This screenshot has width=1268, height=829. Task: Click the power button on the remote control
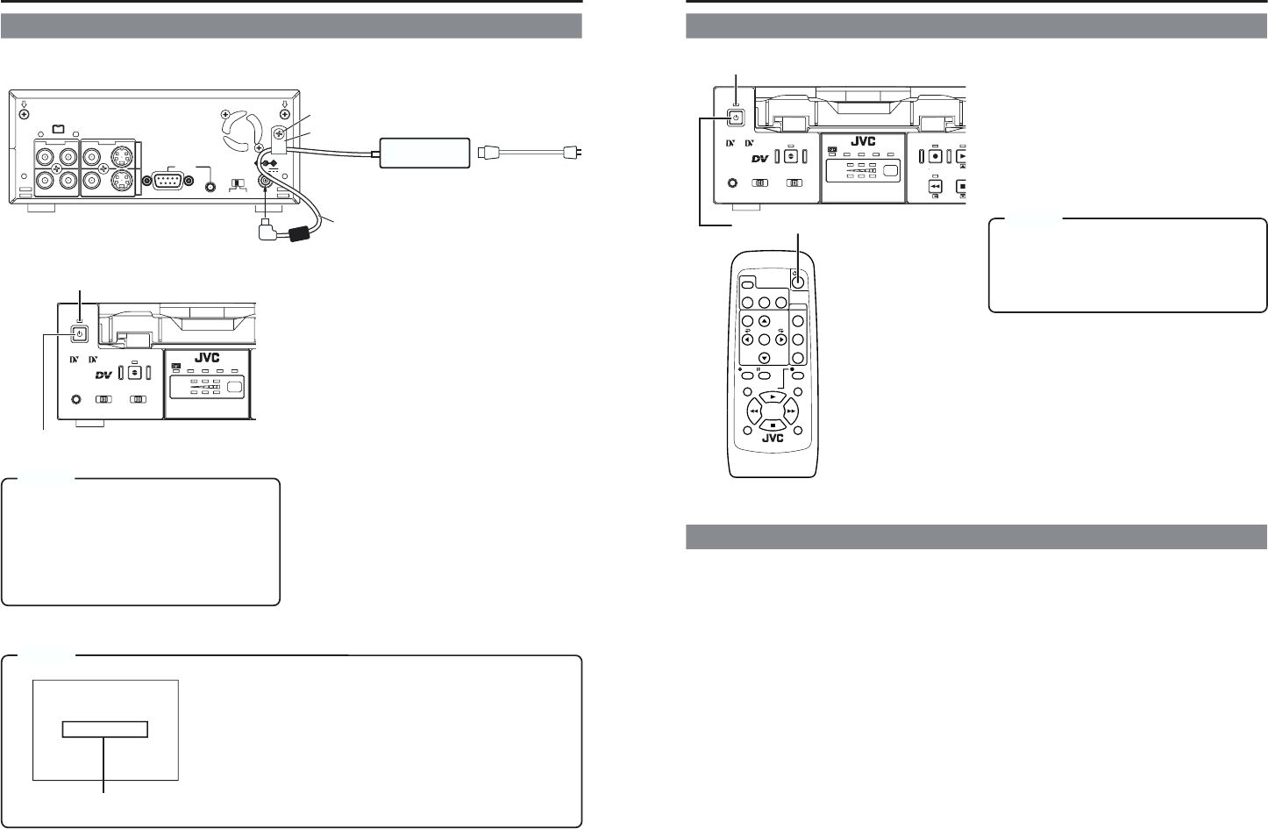pyautogui.click(x=799, y=282)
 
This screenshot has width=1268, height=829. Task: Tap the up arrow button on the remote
pyautogui.click(x=764, y=322)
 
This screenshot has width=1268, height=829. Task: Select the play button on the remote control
pyautogui.click(x=771, y=397)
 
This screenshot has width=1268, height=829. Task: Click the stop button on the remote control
pyautogui.click(x=771, y=425)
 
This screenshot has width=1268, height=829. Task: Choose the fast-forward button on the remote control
pyautogui.click(x=790, y=411)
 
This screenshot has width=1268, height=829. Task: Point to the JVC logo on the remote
pyautogui.click(x=772, y=440)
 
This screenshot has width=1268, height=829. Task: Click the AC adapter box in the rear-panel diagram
pyautogui.click(x=422, y=153)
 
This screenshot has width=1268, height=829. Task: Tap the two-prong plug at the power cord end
pyautogui.click(x=571, y=153)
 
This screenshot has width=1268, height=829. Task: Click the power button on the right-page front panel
pyautogui.click(x=736, y=118)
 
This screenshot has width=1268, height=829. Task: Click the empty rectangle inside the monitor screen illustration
pyautogui.click(x=105, y=730)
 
